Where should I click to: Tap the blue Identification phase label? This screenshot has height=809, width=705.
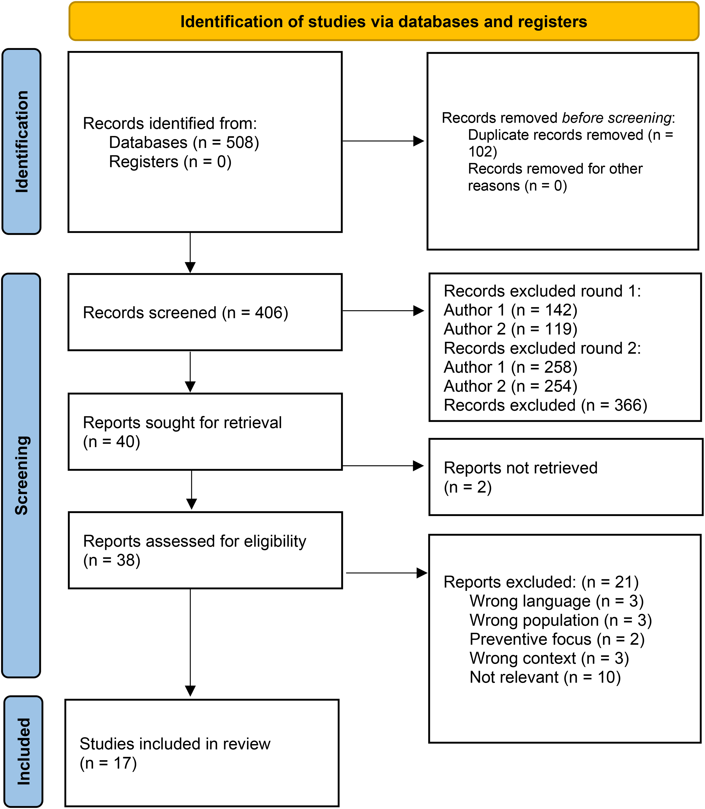pos(22,142)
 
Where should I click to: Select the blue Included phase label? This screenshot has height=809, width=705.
pos(23,752)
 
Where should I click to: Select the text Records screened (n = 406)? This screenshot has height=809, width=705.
pos(186,313)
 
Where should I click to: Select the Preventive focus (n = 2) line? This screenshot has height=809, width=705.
pos(557,639)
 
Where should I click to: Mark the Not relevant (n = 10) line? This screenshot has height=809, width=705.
pos(545,677)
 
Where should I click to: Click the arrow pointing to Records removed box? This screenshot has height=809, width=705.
pos(383,141)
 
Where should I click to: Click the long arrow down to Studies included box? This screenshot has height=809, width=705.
pos(190,643)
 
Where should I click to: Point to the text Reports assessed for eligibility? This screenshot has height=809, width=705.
pos(195,541)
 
